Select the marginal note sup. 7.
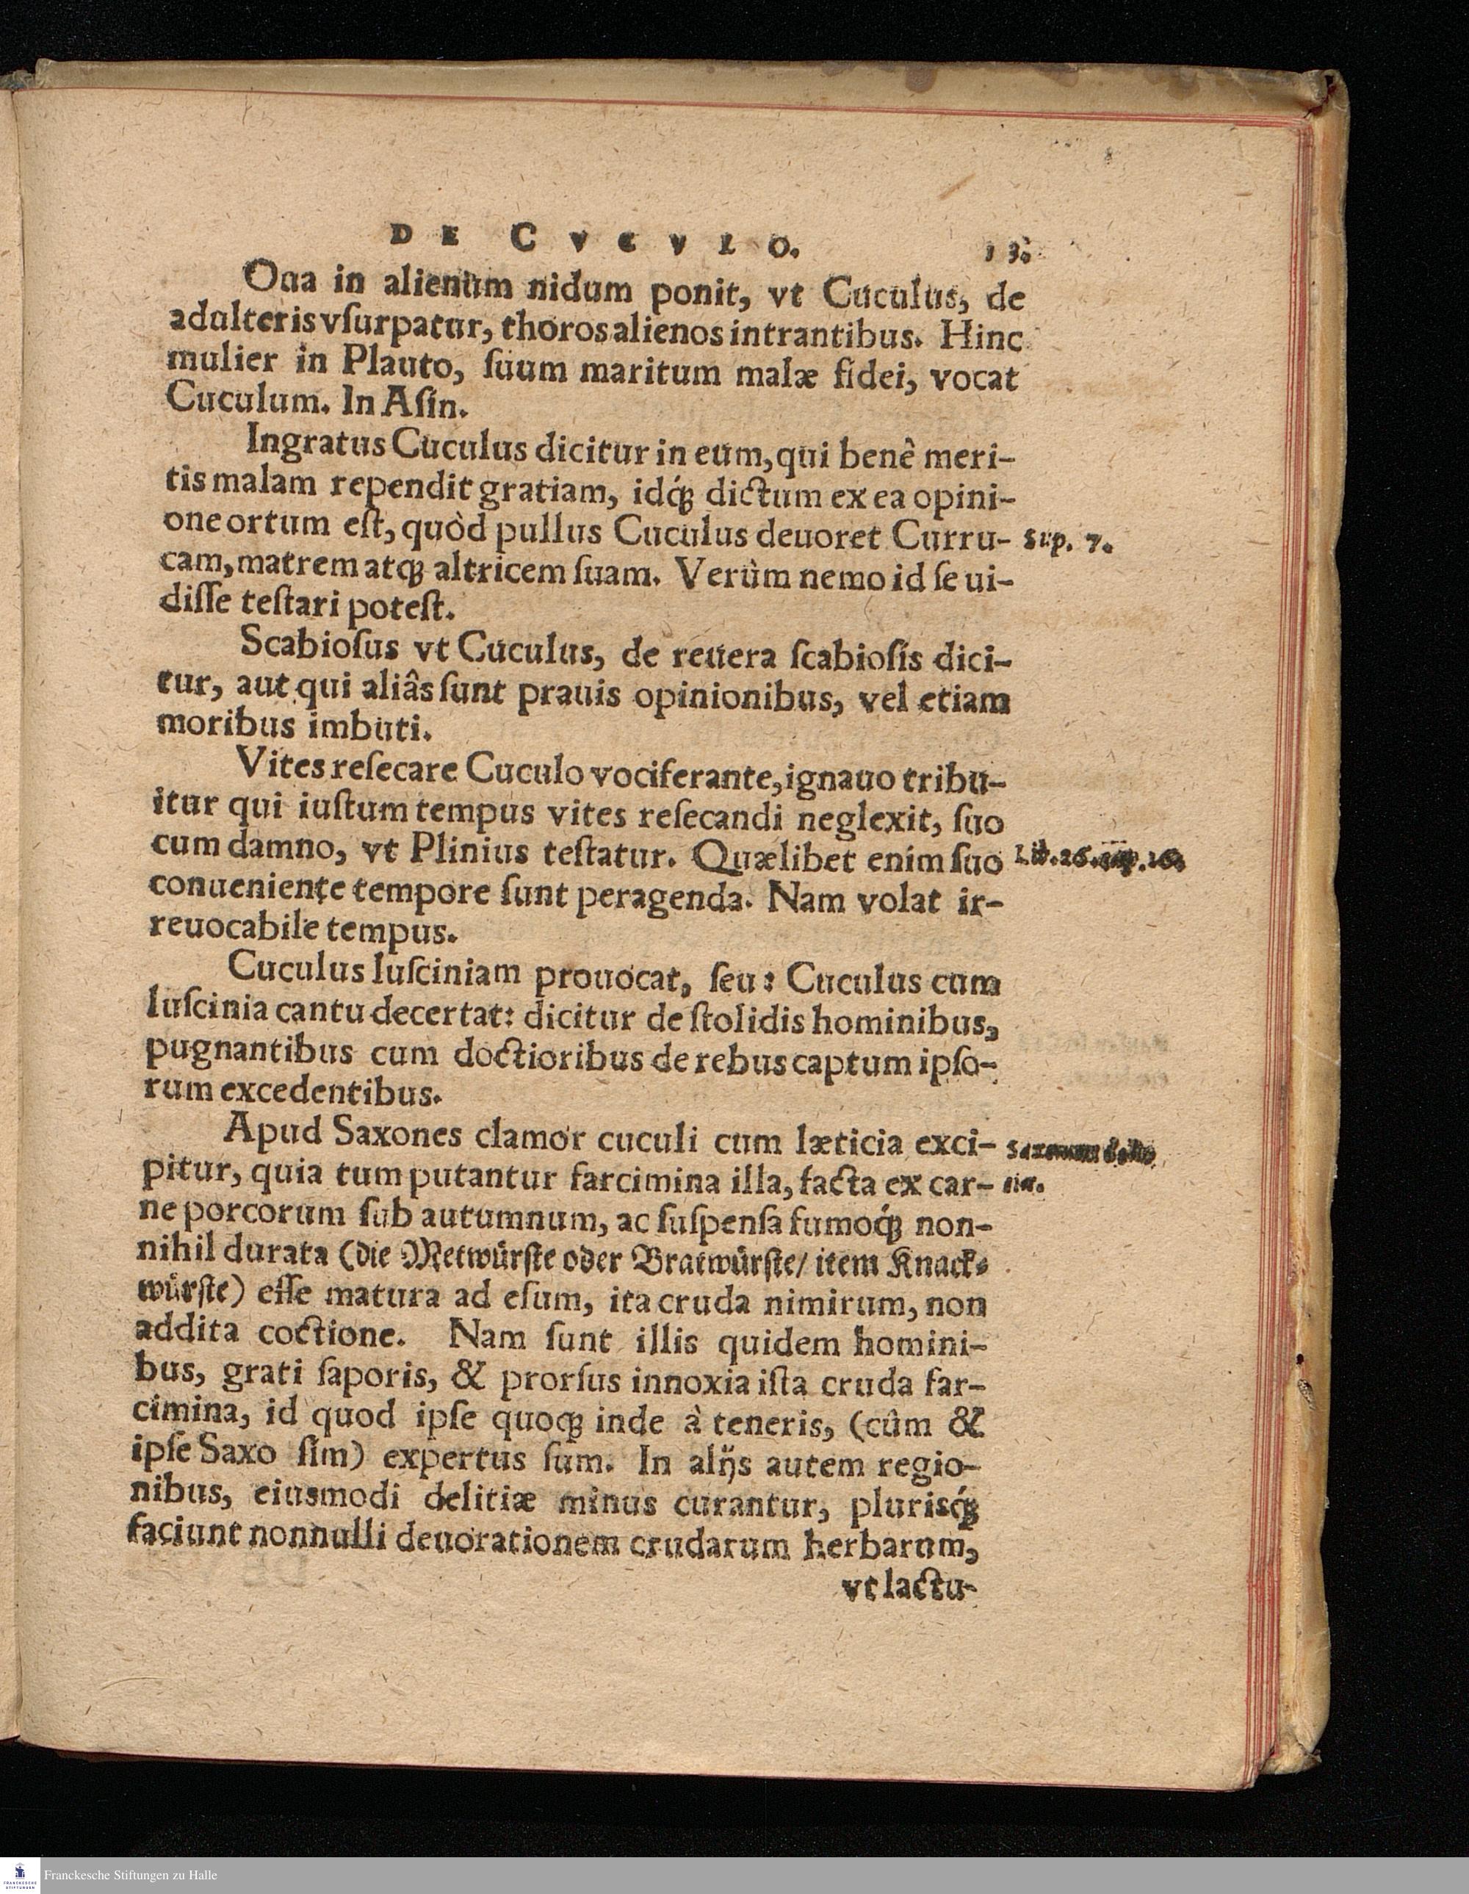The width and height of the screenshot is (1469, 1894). click(x=1067, y=545)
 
